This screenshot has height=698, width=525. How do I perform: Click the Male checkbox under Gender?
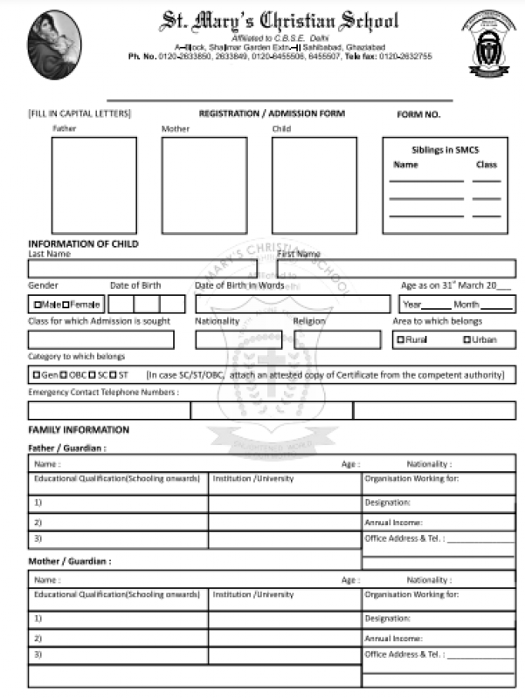[x=37, y=305]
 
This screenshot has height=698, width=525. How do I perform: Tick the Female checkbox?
[x=66, y=305]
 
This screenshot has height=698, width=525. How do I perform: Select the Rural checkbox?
[x=401, y=339]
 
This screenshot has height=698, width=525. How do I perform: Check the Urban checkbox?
[x=467, y=339]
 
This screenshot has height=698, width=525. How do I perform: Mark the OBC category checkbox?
[x=64, y=375]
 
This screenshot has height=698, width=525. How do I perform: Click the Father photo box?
[x=93, y=184]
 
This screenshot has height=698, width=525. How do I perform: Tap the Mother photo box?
[x=204, y=184]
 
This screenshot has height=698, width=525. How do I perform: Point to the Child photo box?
[x=314, y=184]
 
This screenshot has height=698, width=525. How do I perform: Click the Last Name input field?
[x=142, y=269]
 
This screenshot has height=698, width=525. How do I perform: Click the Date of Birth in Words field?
[x=293, y=305]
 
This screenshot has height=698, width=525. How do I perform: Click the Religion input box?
[x=337, y=339]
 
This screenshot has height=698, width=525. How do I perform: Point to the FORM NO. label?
[x=418, y=114]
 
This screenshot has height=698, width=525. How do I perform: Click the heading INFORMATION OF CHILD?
[x=83, y=243]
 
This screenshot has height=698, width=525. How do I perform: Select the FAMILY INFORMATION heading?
[x=79, y=430]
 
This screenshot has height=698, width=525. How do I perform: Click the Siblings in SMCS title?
[x=445, y=150]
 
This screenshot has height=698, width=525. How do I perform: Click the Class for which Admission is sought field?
[x=100, y=339]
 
